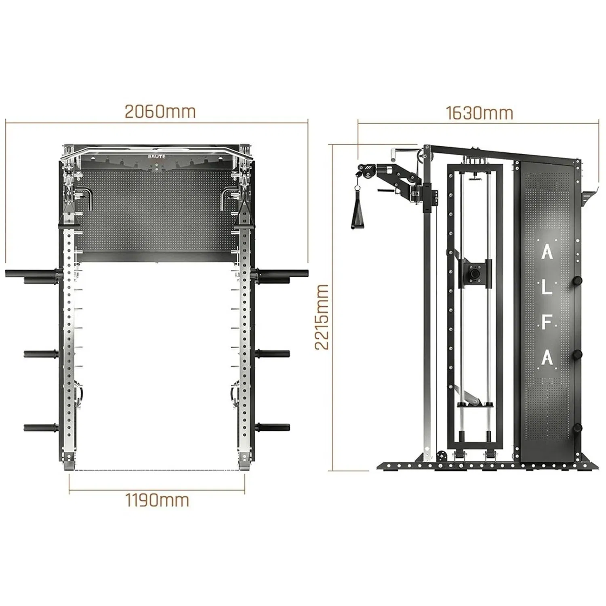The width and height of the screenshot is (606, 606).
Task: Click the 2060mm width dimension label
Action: (160, 112)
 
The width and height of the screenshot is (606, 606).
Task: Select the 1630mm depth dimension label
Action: (480, 113)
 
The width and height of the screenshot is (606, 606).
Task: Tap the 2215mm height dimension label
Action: (322, 317)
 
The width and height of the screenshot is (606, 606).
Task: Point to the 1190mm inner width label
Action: (157, 500)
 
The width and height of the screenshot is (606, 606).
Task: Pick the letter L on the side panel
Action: (547, 288)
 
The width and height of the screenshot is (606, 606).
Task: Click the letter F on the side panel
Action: (547, 323)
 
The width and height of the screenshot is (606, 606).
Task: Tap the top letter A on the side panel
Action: (547, 253)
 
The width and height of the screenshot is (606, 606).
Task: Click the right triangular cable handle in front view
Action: (244, 215)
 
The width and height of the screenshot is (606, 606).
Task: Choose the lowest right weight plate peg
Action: (273, 427)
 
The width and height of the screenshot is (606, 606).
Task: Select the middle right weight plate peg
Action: (273, 354)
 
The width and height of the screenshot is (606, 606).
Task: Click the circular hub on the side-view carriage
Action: (474, 272)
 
